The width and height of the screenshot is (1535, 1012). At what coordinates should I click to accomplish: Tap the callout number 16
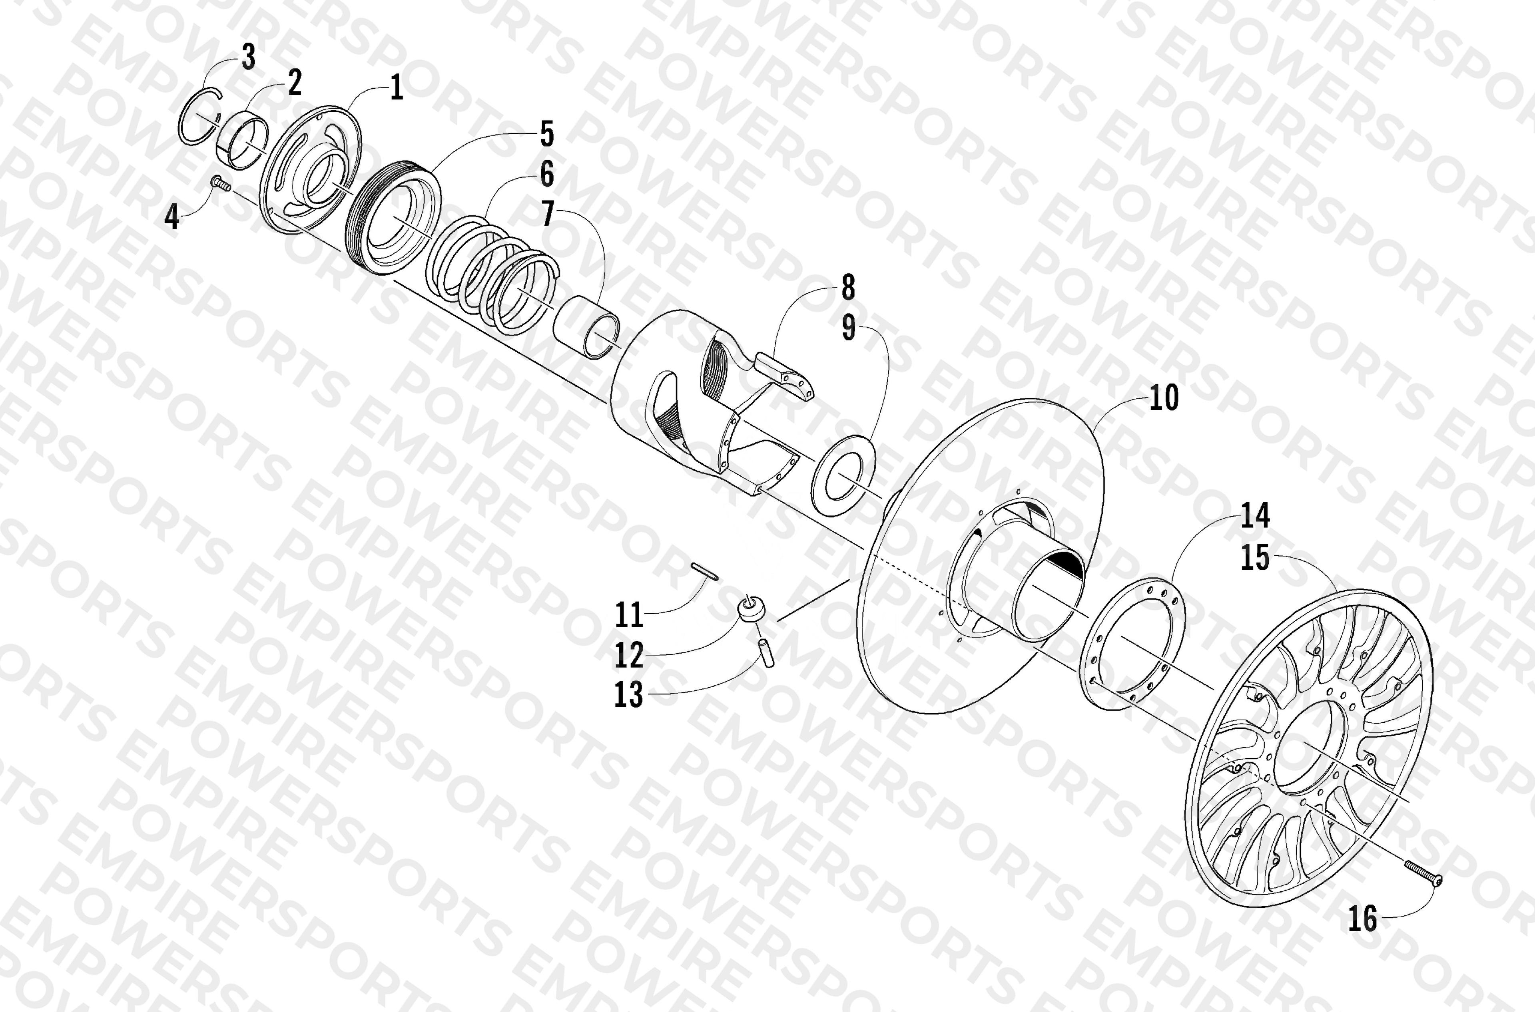[x=1363, y=918]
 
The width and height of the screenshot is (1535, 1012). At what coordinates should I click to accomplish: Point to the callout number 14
[x=1255, y=516]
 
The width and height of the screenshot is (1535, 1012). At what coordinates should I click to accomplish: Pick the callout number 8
[x=847, y=287]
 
